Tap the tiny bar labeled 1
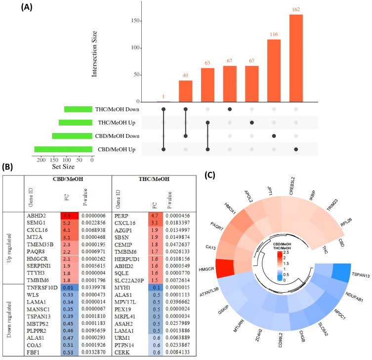tap(164, 101)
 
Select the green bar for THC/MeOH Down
tap(78, 109)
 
